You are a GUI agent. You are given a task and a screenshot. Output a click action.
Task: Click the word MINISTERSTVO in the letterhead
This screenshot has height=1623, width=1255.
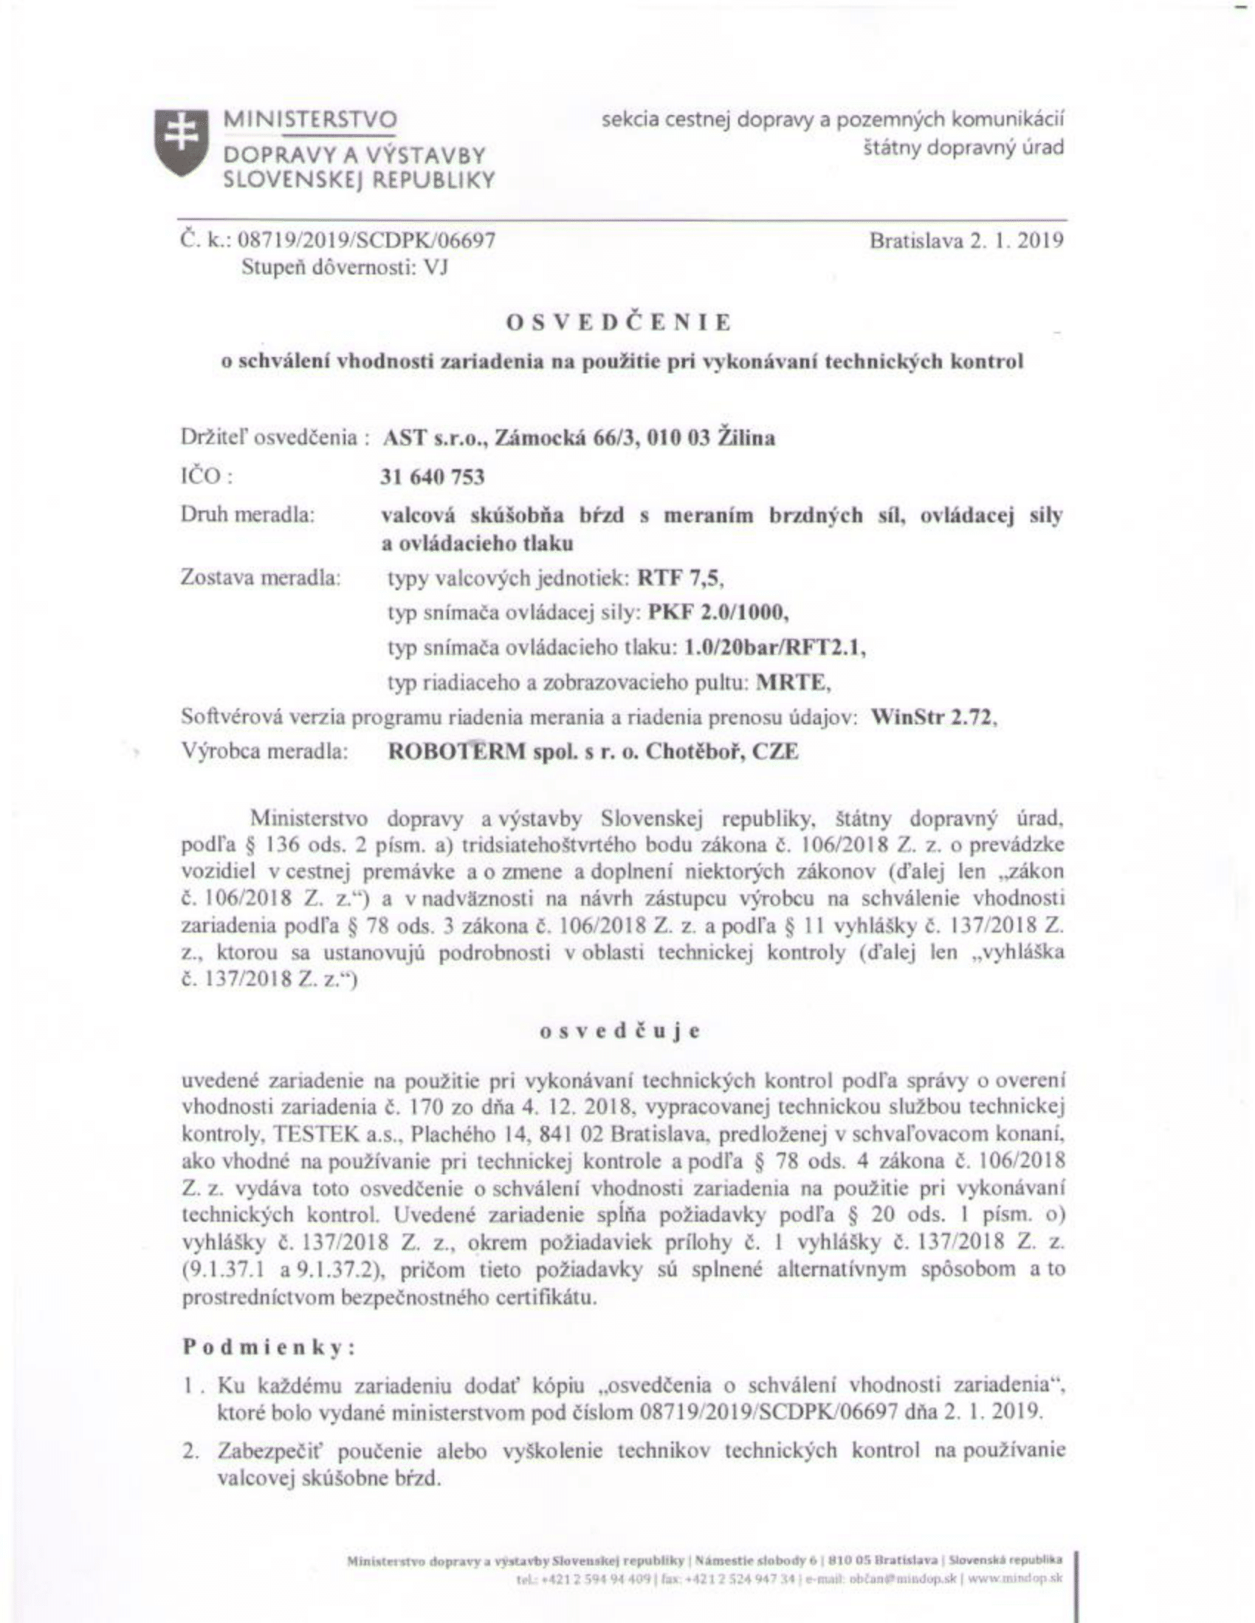[x=311, y=120]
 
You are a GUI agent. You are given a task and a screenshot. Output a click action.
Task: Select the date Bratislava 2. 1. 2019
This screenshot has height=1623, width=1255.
[x=966, y=240]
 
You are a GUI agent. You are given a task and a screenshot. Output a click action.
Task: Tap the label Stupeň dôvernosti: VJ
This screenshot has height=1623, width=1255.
[x=344, y=268]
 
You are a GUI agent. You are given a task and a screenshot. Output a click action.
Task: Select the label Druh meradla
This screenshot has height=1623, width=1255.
[x=247, y=514]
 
